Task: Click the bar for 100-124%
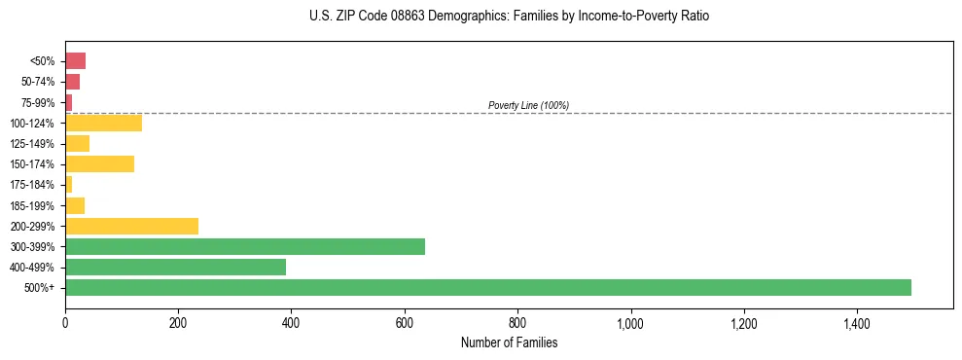pyautogui.click(x=103, y=123)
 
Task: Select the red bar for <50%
pyautogui.click(x=75, y=61)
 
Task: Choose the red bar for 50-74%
pyautogui.click(x=72, y=82)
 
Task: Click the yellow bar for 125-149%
pyautogui.click(x=77, y=143)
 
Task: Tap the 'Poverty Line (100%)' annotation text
pyautogui.click(x=528, y=105)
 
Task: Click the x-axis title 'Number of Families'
pyautogui.click(x=509, y=342)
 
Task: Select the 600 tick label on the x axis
pyautogui.click(x=405, y=322)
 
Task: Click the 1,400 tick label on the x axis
pyautogui.click(x=857, y=322)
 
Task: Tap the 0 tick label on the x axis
pyautogui.click(x=65, y=322)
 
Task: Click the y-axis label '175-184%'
pyautogui.click(x=34, y=185)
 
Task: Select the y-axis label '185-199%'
pyautogui.click(x=34, y=205)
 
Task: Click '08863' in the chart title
pyautogui.click(x=387, y=17)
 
